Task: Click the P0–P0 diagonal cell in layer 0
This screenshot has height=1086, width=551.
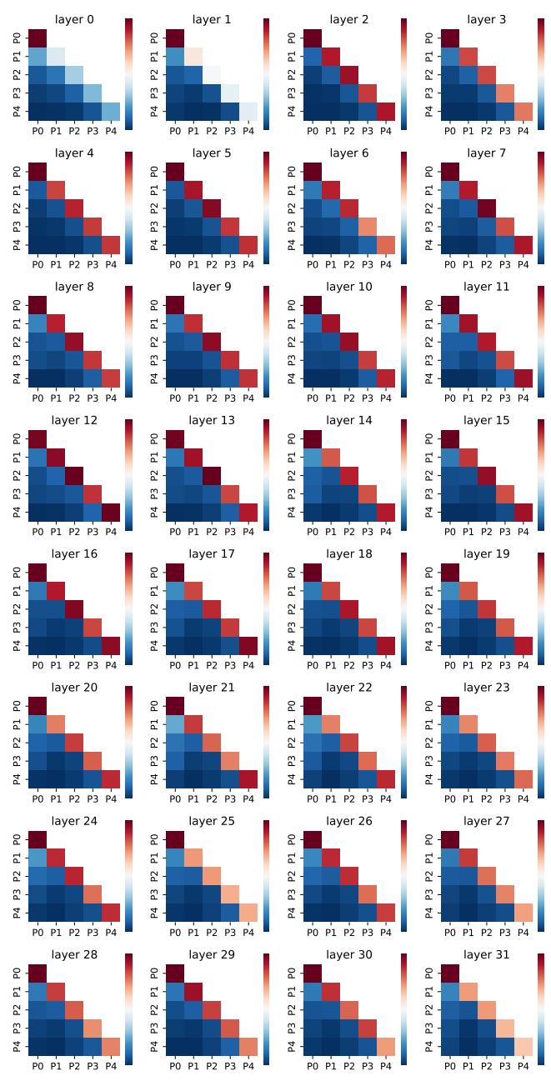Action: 38,38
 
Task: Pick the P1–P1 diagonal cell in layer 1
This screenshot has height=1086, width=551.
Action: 194,56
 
